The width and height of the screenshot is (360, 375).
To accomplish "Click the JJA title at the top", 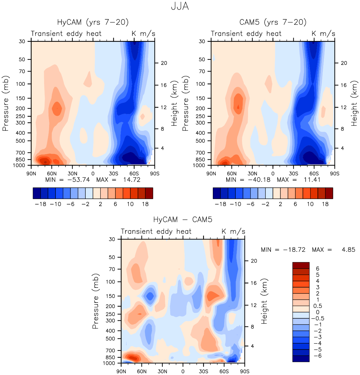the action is (180, 6).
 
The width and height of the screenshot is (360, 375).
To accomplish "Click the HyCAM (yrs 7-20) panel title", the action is (93, 22).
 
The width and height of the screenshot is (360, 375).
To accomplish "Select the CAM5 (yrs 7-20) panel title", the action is (273, 22).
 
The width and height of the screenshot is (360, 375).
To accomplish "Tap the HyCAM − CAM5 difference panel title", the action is (183, 219).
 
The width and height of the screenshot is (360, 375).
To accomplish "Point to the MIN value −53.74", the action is (79, 180).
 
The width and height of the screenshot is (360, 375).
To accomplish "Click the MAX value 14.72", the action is (132, 180).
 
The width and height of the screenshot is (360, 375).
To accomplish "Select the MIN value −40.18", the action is (259, 180).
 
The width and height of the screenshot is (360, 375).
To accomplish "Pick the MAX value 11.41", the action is (312, 180).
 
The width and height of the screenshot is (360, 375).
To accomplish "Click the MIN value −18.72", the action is (294, 250).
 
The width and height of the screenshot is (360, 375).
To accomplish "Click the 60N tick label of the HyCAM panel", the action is (52, 174).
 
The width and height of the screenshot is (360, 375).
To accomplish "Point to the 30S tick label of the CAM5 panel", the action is (293, 174).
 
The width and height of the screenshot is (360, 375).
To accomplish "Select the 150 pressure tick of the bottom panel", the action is (110, 296).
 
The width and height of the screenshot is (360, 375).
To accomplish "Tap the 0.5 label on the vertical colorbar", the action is (318, 306).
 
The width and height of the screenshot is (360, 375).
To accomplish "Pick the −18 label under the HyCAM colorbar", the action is (41, 204).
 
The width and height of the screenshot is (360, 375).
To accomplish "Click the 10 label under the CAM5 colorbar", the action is (310, 204).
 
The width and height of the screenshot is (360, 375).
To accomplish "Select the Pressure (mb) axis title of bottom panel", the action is (95, 301).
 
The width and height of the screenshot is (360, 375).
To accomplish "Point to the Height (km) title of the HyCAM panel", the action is (174, 103).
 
